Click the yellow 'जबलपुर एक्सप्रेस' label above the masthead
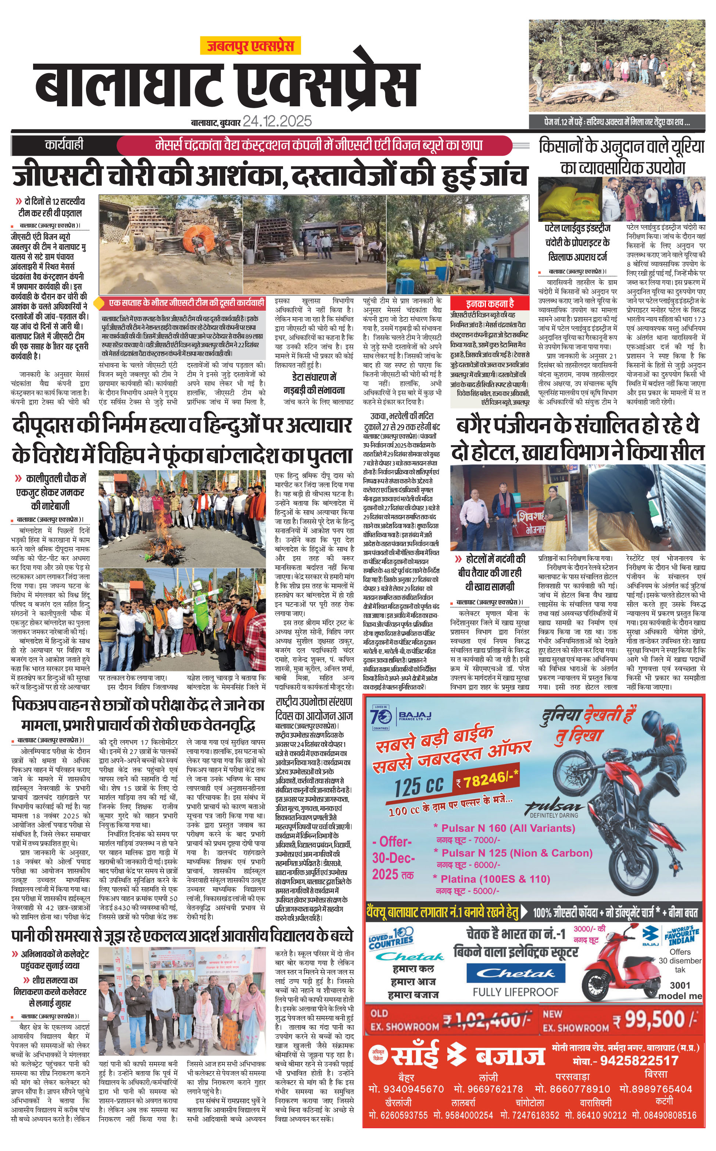[250, 46]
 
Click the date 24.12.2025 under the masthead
[278, 121]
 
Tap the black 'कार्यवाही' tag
[64, 145]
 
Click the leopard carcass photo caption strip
[617, 122]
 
